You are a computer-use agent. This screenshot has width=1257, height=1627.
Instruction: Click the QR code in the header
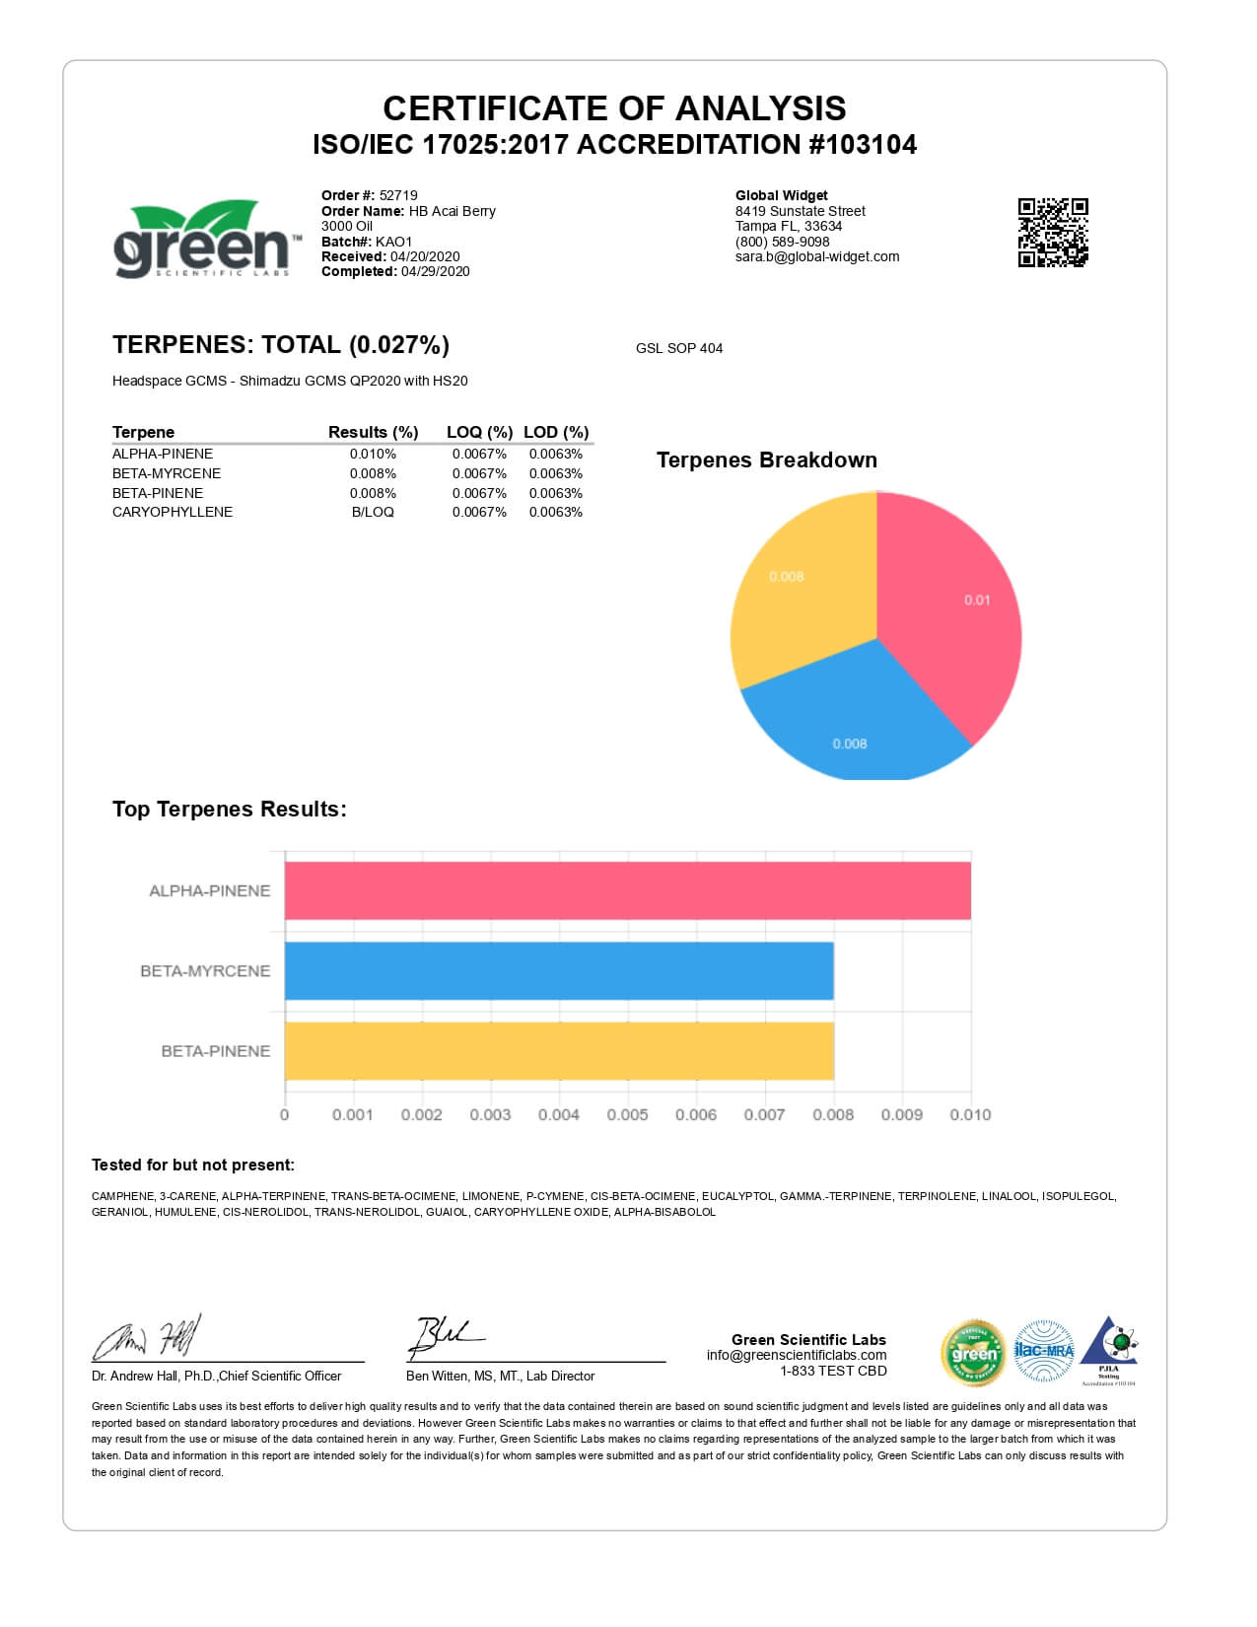click(1052, 233)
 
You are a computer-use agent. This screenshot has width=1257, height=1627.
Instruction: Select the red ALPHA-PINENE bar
click(627, 890)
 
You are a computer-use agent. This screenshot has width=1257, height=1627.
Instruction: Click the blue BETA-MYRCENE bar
click(559, 971)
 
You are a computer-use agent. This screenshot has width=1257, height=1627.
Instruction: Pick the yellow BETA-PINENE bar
click(559, 1051)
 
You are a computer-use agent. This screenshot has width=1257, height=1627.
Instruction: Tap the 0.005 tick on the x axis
click(627, 1115)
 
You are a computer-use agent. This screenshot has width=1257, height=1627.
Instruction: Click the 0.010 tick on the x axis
click(970, 1115)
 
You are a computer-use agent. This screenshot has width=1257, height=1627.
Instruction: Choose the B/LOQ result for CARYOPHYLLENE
click(373, 512)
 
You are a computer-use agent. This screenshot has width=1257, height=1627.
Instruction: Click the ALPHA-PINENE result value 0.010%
click(373, 454)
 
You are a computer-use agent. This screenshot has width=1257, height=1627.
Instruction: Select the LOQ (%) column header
click(479, 432)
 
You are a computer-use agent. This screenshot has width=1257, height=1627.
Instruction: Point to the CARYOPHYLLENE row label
click(173, 512)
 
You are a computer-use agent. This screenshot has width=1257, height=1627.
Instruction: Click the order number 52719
click(398, 195)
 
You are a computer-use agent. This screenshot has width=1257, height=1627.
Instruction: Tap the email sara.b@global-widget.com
click(817, 256)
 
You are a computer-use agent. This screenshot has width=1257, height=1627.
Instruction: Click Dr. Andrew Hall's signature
click(148, 1339)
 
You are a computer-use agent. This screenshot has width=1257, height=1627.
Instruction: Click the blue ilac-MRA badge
click(1043, 1350)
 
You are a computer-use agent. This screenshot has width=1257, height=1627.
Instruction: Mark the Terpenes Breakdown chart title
click(766, 460)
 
